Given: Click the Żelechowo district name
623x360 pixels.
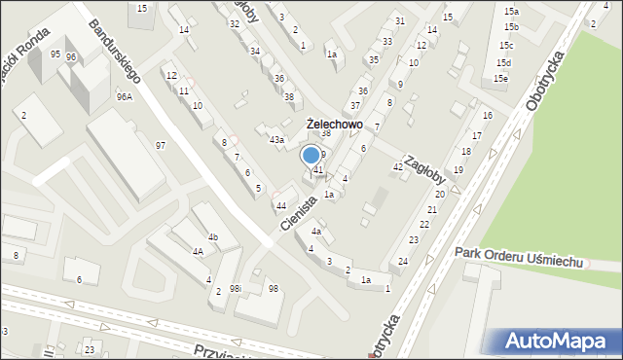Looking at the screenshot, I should tap(334, 125).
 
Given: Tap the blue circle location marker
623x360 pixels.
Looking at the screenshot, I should tap(311, 154).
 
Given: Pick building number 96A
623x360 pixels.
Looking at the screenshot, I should tap(124, 96).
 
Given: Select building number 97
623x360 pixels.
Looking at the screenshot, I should tap(161, 145).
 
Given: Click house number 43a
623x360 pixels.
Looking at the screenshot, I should tap(276, 141).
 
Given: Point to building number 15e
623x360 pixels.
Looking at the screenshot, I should tap(500, 78).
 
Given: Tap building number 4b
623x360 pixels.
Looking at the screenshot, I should tap(212, 237).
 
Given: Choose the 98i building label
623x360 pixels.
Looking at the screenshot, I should tap(235, 288).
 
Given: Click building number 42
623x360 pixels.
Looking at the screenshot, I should tap(397, 167).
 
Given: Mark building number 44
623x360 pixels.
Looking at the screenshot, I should tap(280, 205).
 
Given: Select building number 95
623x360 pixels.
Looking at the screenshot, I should tap(55, 54).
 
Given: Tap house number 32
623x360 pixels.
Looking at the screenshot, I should tap(234, 22).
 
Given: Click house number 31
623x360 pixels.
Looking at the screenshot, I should tap(399, 20).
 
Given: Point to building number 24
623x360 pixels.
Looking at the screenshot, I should tap(403, 262).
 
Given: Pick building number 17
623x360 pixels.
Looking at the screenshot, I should tap(476, 135).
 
